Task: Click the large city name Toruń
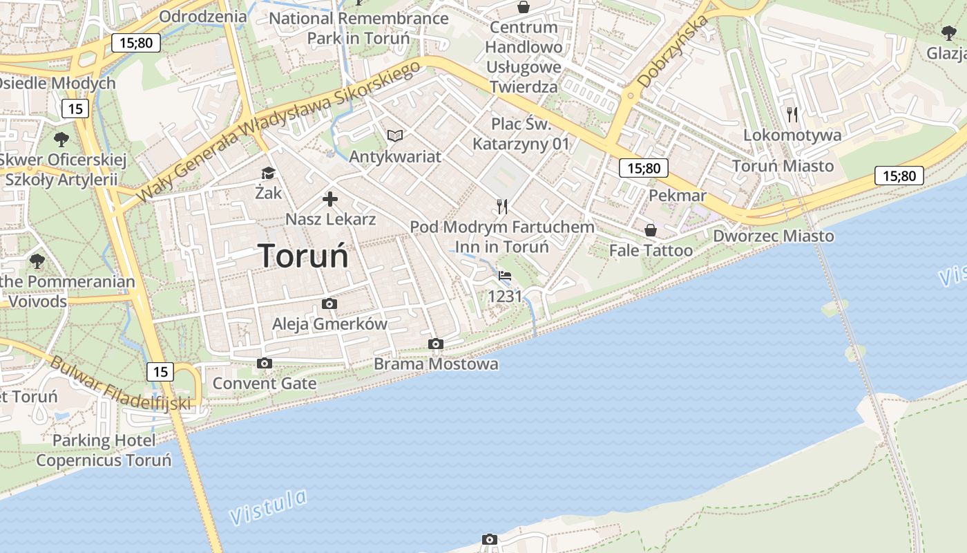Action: tap(303, 256)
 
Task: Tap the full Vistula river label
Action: tap(268, 507)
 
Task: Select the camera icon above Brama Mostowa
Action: tap(435, 344)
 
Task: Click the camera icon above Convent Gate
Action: tap(264, 363)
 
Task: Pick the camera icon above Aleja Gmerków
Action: tap(329, 303)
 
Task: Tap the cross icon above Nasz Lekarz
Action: tap(330, 200)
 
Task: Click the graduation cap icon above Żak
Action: tap(268, 173)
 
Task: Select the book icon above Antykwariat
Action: tap(395, 135)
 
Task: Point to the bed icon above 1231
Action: tap(505, 276)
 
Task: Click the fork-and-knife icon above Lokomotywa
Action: tap(792, 114)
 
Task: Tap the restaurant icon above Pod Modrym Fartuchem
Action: tap(502, 206)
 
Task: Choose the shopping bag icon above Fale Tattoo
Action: tap(650, 229)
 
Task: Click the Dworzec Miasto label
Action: tap(774, 236)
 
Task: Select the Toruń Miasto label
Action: tap(783, 166)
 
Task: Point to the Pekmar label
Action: tap(678, 196)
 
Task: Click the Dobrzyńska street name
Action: tap(673, 52)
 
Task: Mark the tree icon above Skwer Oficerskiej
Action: tap(61, 139)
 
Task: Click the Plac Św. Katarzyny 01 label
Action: tap(521, 134)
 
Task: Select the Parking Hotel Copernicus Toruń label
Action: tap(104, 450)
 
